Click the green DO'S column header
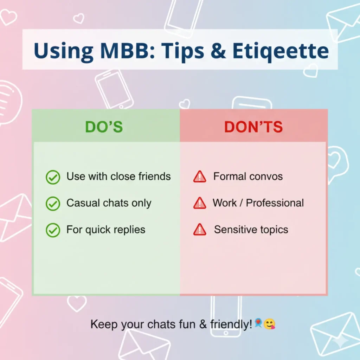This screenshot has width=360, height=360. [104, 127]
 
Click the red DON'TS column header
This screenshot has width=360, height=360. [253, 127]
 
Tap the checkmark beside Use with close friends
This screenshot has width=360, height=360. [53, 177]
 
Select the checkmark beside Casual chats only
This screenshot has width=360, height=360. [53, 204]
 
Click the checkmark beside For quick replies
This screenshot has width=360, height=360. [53, 230]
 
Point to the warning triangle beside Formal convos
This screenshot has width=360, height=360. [199, 176]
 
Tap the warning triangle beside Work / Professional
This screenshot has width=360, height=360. [199, 203]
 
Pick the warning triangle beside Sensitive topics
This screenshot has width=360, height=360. [199, 230]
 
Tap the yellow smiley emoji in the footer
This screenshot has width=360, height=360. [270, 324]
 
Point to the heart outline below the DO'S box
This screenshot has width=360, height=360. [77, 303]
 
